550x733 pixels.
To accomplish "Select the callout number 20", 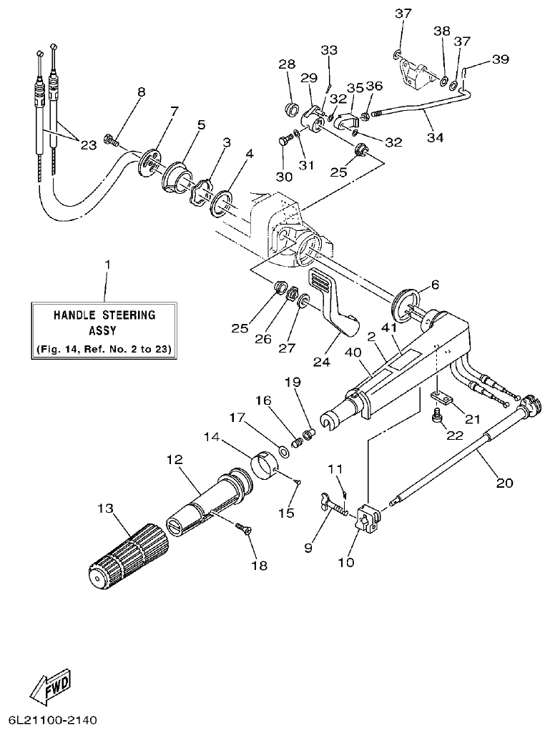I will click(x=504, y=484).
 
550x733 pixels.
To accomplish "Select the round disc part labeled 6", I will click(x=405, y=300).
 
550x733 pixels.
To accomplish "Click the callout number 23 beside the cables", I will click(x=88, y=144).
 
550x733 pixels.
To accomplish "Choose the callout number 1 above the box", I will click(x=107, y=265).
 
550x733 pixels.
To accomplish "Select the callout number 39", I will click(x=501, y=59).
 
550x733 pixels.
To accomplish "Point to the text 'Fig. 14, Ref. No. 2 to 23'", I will click(x=107, y=349).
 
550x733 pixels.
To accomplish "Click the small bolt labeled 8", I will click(x=111, y=139).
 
